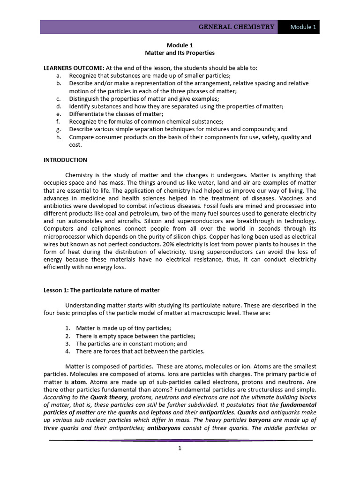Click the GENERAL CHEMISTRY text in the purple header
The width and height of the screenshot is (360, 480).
pos(236,27)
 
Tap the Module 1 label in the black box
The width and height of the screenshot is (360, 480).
pos(303,27)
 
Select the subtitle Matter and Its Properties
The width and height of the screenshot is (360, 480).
pos(180,53)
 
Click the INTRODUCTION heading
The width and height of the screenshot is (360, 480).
pos(65,160)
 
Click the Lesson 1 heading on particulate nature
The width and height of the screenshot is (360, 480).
pos(102,290)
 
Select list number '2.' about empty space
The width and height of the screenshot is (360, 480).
pos(67,336)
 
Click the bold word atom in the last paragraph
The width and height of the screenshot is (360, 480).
pos(78,382)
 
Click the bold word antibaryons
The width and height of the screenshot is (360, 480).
pos(163,428)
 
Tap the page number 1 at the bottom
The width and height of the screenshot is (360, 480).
pos(180,448)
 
